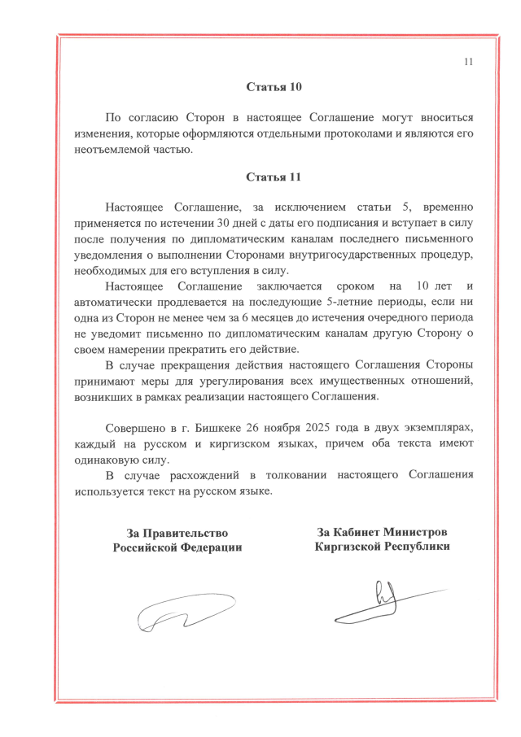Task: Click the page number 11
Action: click(467, 62)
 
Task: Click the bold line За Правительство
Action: click(177, 533)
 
